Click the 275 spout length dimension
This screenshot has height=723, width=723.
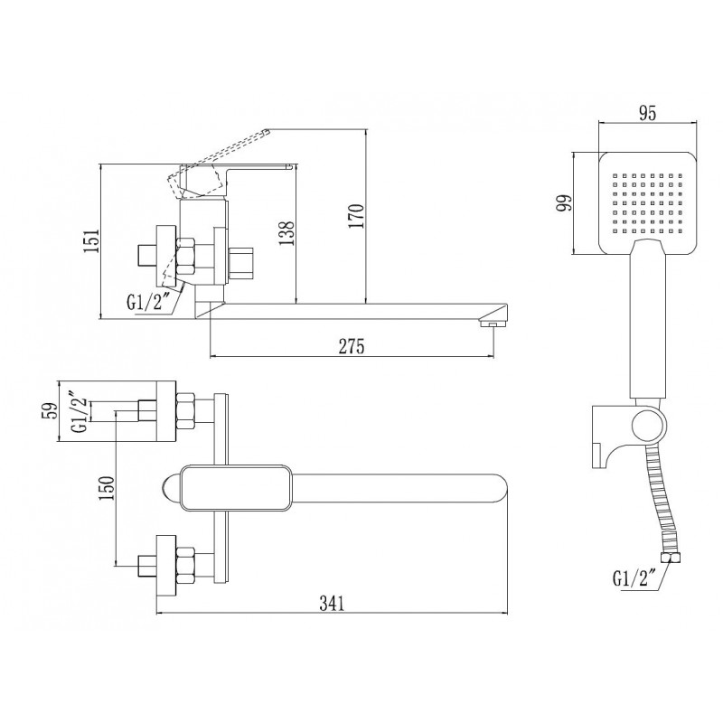(352, 346)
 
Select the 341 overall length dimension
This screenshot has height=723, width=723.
(332, 604)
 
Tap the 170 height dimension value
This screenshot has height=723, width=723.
(356, 215)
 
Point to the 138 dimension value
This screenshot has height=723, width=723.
(286, 233)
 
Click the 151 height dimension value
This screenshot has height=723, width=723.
(92, 240)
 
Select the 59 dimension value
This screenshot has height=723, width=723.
(51, 410)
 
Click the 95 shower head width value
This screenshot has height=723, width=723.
(647, 113)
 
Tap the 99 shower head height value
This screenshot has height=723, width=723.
(563, 202)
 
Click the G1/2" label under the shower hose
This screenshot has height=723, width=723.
(634, 578)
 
